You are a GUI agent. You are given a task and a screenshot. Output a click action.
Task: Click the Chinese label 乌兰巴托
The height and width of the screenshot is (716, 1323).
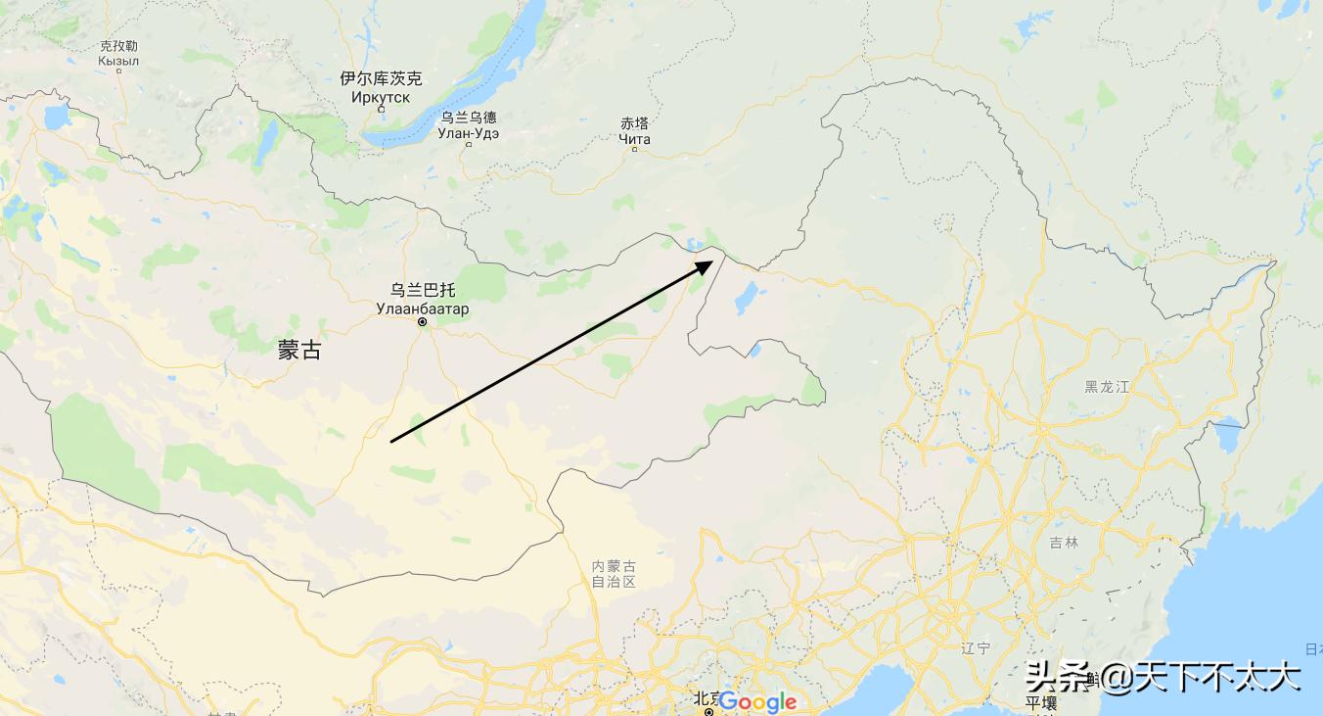423,290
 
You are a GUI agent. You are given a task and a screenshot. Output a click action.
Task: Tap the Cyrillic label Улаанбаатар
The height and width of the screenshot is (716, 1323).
423,309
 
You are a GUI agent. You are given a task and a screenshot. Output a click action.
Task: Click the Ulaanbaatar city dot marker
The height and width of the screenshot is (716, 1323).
423,322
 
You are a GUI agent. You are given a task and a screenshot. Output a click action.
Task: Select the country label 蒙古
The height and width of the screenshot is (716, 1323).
299,351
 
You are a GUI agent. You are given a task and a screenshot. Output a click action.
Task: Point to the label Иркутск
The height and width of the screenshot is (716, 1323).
381,97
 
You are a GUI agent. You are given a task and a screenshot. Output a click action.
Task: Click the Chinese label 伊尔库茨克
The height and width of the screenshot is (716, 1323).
381,78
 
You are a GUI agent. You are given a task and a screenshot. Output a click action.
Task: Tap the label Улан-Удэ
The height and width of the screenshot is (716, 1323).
468,133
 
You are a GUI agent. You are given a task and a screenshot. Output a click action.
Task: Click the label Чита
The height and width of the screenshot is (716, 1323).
634,139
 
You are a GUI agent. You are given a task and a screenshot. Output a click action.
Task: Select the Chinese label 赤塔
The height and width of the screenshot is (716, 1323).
634,123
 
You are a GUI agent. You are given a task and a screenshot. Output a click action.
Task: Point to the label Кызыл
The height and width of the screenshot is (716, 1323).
118,61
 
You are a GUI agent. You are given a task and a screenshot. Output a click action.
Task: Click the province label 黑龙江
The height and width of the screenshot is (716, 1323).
1107,387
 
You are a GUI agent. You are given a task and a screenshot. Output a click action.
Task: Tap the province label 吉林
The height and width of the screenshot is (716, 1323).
1064,542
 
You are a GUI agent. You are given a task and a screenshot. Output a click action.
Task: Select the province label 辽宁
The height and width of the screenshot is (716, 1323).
976,647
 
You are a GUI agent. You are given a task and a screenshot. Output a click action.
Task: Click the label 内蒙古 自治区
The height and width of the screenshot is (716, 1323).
614,574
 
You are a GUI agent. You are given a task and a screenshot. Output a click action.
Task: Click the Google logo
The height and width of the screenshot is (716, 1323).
757,702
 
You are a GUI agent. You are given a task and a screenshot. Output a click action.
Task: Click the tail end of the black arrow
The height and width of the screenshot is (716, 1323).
392,441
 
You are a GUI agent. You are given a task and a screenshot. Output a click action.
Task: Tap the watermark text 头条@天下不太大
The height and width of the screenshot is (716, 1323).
1163,677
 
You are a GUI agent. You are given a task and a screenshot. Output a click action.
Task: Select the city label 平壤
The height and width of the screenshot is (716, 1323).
1040,704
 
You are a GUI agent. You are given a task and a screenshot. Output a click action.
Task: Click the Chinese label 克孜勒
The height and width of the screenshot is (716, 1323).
118,45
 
